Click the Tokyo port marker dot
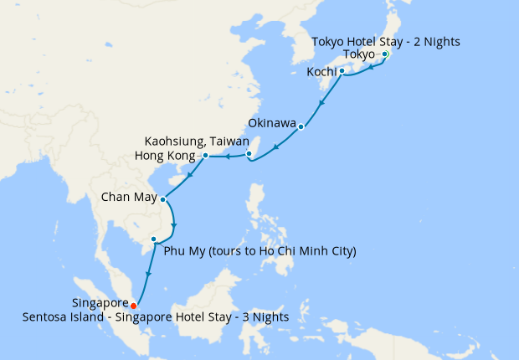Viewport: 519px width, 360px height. [x=384, y=54]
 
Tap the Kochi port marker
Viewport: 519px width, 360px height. [x=342, y=72]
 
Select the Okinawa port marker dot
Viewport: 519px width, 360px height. [x=301, y=127]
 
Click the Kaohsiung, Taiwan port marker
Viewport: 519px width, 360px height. [x=249, y=153]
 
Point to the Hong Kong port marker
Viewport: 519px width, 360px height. [x=205, y=156]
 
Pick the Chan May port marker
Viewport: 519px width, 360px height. [x=162, y=199]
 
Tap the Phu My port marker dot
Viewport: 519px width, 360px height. [x=153, y=240]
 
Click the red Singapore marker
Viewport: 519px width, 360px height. [x=134, y=306]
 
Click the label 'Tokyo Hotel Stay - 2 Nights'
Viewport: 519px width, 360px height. [x=386, y=41]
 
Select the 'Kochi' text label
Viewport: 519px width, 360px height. [x=321, y=72]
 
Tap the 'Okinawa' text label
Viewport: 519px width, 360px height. [x=272, y=123]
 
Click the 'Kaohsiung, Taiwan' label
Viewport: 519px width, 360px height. [x=197, y=141]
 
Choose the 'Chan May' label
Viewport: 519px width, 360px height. [x=128, y=199]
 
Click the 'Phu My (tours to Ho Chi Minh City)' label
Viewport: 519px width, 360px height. [x=261, y=250]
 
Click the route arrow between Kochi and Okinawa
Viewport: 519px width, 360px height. [x=321, y=104]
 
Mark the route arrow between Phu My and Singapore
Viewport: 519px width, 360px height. [x=148, y=274]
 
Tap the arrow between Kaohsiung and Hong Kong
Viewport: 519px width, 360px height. [x=227, y=157]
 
